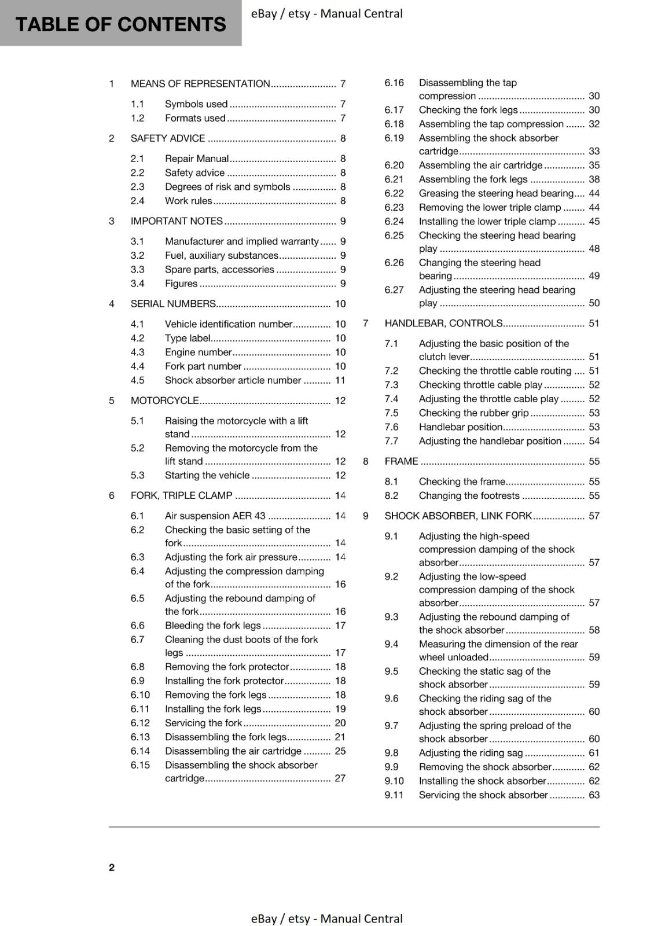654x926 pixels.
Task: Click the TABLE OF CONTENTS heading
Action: point(120,24)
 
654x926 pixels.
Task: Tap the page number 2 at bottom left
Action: point(112,867)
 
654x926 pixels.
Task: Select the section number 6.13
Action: point(140,737)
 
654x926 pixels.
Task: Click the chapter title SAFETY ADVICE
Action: point(168,138)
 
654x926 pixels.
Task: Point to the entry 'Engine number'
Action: point(198,352)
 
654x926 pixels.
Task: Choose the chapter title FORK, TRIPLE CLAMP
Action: point(181,495)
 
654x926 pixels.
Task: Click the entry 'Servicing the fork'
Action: point(203,723)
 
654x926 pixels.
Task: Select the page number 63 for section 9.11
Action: point(594,795)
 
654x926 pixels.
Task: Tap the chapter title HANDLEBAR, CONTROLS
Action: point(443,323)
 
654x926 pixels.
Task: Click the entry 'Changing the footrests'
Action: point(469,495)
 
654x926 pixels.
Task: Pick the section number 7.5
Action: point(391,413)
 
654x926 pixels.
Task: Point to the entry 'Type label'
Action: point(188,338)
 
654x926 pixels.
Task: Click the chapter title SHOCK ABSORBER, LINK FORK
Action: point(458,516)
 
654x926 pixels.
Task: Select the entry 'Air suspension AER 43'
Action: point(215,516)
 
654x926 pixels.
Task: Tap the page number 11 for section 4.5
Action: point(340,380)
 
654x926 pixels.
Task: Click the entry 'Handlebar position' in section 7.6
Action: point(460,427)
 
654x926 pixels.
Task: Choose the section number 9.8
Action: point(391,752)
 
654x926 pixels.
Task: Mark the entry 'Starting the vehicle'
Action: point(207,475)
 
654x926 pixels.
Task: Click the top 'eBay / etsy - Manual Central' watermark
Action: point(326,13)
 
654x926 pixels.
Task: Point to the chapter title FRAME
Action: point(401,461)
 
